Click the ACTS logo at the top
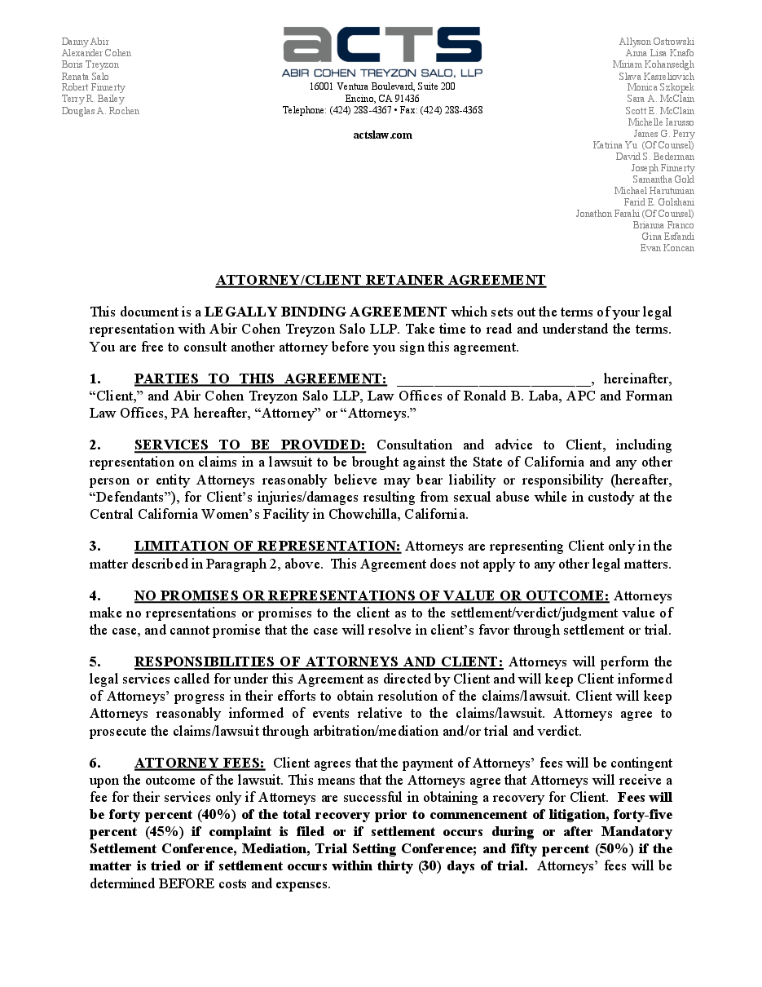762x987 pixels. [x=382, y=45]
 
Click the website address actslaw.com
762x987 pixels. [x=382, y=135]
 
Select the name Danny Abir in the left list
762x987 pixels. [x=86, y=42]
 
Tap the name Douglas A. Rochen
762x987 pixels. [x=100, y=111]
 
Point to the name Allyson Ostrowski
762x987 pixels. [x=656, y=42]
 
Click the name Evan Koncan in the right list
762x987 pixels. [x=667, y=248]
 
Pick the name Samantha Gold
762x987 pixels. [x=663, y=179]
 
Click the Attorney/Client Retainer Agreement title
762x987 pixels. [x=381, y=281]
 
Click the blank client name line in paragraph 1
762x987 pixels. [x=493, y=379]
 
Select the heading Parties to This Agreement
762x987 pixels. [x=260, y=378]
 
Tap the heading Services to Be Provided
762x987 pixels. [x=249, y=445]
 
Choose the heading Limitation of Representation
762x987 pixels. [x=267, y=546]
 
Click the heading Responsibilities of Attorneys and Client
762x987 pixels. [x=318, y=662]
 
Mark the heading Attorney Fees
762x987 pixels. [x=200, y=763]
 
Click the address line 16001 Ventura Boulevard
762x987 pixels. [x=382, y=86]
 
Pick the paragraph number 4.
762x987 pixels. [x=95, y=595]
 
